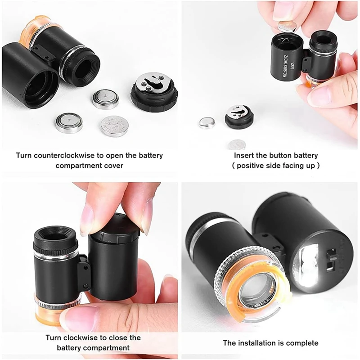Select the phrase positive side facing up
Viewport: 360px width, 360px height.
[x=276, y=166]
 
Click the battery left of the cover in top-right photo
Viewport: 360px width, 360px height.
[x=207, y=122]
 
